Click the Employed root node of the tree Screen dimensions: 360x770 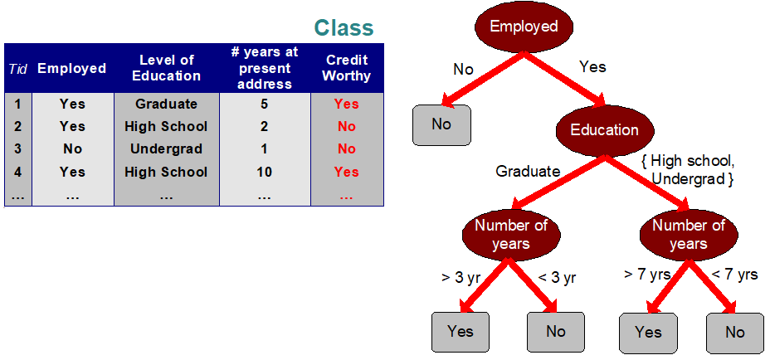(524, 27)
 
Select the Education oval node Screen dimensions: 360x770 (604, 130)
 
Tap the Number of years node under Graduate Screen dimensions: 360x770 (510, 234)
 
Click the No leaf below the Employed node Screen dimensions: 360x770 (441, 124)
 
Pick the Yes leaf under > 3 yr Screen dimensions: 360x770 (460, 332)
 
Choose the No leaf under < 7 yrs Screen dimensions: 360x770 (734, 333)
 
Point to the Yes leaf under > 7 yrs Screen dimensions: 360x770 (648, 333)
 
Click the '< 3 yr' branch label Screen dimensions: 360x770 (558, 278)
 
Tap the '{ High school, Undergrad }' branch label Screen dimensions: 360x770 (688, 169)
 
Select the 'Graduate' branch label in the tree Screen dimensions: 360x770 (528, 172)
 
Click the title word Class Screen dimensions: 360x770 (344, 27)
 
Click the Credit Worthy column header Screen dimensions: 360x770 (347, 67)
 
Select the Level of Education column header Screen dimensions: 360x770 (166, 67)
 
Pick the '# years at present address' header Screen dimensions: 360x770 (265, 67)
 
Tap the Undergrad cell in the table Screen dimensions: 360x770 (166, 149)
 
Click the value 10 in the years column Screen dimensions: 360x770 (265, 172)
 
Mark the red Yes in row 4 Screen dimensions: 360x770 (346, 172)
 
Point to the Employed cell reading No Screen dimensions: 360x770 (72, 149)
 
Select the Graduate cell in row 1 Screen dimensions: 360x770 (166, 104)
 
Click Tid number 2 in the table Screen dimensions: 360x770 (17, 127)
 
